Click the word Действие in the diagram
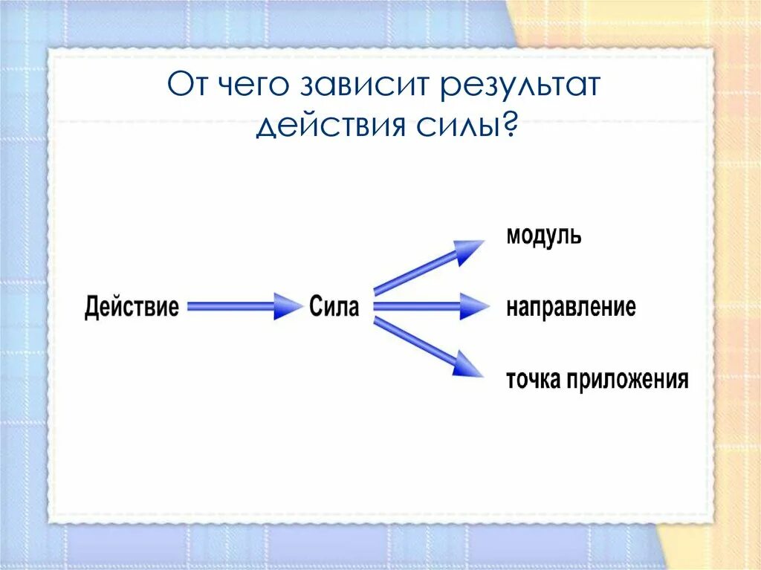[132, 307]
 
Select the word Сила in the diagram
[334, 307]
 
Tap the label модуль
[544, 236]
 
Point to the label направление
[571, 307]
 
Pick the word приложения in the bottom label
[627, 381]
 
